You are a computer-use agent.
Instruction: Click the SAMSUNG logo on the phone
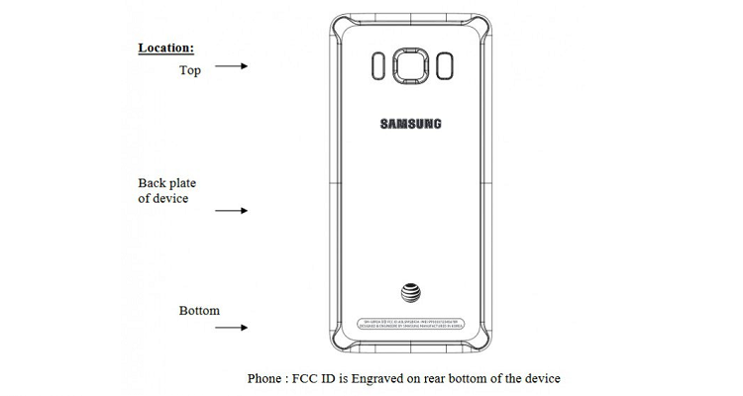point(410,124)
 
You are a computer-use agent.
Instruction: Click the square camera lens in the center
point(410,67)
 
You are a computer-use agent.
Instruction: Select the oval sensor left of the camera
point(377,67)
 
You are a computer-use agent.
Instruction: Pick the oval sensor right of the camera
point(443,67)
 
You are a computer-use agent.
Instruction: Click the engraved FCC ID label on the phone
point(410,323)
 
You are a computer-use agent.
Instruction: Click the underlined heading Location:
point(165,48)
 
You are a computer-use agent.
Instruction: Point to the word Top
point(189,70)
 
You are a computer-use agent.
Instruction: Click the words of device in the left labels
point(163,199)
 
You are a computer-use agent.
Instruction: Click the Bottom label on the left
point(199,311)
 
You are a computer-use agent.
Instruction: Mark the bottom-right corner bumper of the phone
point(481,346)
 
